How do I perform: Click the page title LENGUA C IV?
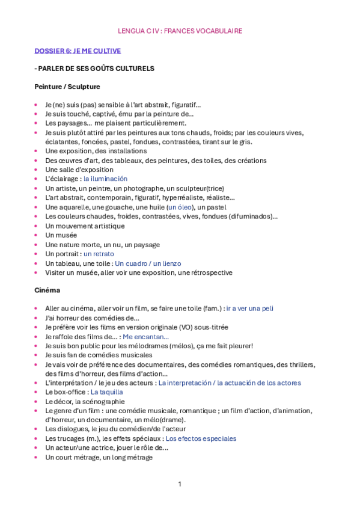pyautogui.click(x=180, y=31)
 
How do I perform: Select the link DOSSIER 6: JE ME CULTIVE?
pyautogui.click(x=78, y=51)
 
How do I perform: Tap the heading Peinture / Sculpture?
pyautogui.click(x=67, y=87)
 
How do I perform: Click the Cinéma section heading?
pyautogui.click(x=47, y=290)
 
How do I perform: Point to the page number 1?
pyautogui.click(x=179, y=484)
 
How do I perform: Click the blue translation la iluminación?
pyautogui.click(x=105, y=179)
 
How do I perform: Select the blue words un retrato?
pyautogui.click(x=99, y=254)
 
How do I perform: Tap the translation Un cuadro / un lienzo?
pyautogui.click(x=148, y=263)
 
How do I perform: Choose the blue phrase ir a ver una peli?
pyautogui.click(x=249, y=309)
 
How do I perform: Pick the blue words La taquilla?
pyautogui.click(x=107, y=392)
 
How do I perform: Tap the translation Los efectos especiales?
pyautogui.click(x=201, y=439)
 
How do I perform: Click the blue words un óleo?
pyautogui.click(x=182, y=207)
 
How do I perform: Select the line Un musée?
pyautogui.click(x=61, y=236)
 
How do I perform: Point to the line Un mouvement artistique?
pyautogui.click(x=85, y=226)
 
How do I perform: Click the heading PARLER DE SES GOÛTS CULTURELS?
pyautogui.click(x=96, y=69)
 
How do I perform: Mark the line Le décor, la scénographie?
pyautogui.click(x=85, y=402)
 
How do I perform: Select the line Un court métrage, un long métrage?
pyautogui.click(x=99, y=458)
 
